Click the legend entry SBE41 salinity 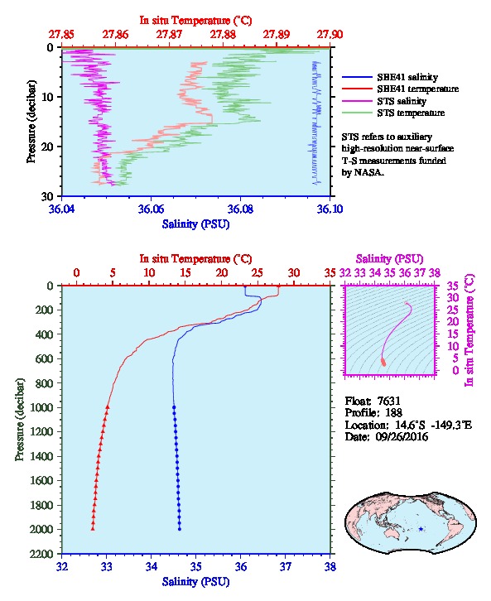pos(407,77)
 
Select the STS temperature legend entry pos(411,113)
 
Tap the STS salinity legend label pos(402,101)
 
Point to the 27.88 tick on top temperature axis pos(223,35)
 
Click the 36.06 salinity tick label pos(151,209)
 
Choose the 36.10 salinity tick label pos(330,209)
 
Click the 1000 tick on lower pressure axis pos(41,407)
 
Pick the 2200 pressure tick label pos(41,554)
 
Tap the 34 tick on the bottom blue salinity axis pos(151,566)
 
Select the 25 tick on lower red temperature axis pos(258,272)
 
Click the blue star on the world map pos(421,529)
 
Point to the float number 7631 pos(388,401)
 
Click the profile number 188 pos(393,412)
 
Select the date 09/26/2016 pos(402,436)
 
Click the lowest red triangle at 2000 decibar pos(93,528)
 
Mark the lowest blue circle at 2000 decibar pos(180,529)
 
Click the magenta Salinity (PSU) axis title pos(389,259)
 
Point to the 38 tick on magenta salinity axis pos(435,272)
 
